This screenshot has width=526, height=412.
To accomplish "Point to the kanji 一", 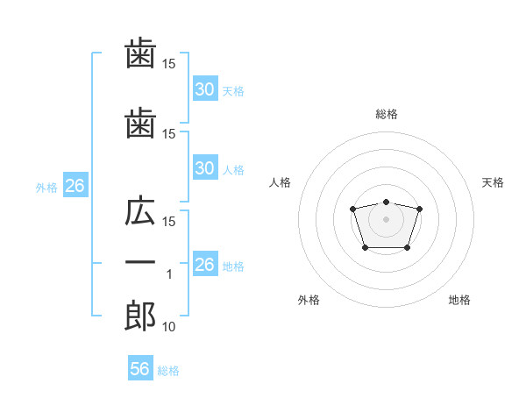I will [140, 264].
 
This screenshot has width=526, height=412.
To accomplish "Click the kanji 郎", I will [140, 315].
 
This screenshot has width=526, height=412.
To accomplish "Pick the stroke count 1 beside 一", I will [169, 274].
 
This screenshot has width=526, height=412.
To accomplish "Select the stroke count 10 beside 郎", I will [169, 326].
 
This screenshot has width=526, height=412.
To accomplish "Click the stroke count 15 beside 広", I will [169, 221].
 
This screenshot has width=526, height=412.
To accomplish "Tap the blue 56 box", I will [139, 370].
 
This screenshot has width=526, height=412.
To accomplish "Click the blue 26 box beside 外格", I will [74, 186].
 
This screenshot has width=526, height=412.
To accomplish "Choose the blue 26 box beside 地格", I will [204, 265].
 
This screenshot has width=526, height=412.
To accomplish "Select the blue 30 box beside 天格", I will [204, 89].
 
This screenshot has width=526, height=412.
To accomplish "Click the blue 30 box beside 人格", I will [204, 168].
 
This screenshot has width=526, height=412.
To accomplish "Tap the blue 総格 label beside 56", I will [168, 371].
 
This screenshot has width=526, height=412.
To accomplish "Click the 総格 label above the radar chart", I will [386, 114].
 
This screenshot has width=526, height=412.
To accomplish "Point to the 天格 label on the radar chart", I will [494, 182].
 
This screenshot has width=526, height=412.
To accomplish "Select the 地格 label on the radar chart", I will [459, 300].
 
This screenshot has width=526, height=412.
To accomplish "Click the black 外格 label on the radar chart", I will [309, 300].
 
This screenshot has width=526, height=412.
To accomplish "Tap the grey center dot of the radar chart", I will [386, 218].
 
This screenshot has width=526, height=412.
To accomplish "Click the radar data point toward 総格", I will [386, 202].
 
